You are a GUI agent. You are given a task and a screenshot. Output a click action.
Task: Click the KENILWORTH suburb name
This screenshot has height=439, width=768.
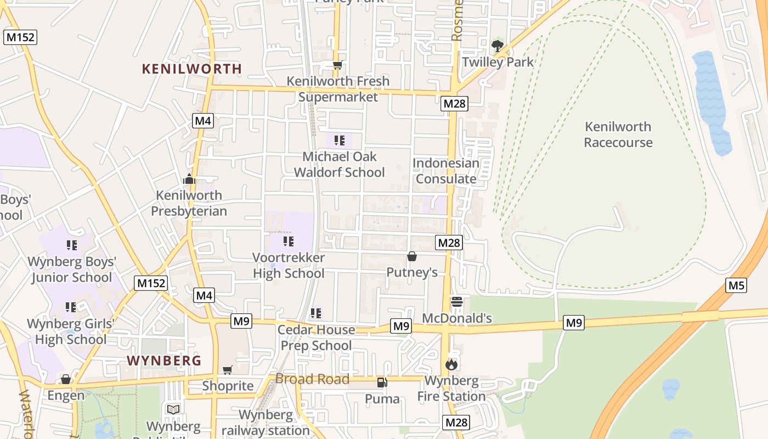[191, 69]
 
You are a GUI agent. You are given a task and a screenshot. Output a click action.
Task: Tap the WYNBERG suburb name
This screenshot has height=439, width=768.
[164, 361]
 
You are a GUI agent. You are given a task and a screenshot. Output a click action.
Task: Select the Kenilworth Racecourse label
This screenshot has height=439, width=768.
[618, 134]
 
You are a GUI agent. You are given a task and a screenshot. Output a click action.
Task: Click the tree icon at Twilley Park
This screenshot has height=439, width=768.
[498, 46]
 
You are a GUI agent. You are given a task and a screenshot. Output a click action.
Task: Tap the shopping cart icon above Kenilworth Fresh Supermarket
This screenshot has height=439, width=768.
[337, 65]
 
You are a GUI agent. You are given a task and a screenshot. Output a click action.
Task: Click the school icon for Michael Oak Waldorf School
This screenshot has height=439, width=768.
[340, 140]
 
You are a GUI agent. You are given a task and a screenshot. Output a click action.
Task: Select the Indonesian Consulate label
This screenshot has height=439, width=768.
[445, 171]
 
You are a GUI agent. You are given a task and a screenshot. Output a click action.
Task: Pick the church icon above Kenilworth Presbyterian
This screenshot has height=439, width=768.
[189, 179]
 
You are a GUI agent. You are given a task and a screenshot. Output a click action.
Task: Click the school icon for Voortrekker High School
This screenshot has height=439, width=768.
[289, 241]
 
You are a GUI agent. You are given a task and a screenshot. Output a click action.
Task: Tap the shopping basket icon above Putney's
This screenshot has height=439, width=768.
[412, 256]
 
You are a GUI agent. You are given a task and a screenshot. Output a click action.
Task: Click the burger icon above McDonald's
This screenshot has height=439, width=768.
[456, 302]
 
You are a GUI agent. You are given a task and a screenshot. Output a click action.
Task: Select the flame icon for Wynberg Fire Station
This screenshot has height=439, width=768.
[451, 364]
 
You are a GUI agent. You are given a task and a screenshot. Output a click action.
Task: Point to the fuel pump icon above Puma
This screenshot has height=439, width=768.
[382, 382]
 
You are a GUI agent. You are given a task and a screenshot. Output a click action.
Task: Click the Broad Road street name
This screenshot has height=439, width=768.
[312, 379]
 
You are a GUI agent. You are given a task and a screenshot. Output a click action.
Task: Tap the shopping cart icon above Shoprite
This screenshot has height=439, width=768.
[228, 370]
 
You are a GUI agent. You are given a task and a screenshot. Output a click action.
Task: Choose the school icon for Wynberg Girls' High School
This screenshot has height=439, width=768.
[71, 307]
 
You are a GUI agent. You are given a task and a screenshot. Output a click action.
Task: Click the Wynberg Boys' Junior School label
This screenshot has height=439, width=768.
[71, 269]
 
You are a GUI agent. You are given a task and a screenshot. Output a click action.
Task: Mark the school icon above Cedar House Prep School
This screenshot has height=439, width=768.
[315, 313]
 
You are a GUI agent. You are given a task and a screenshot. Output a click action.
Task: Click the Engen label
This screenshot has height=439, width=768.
[66, 395]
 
